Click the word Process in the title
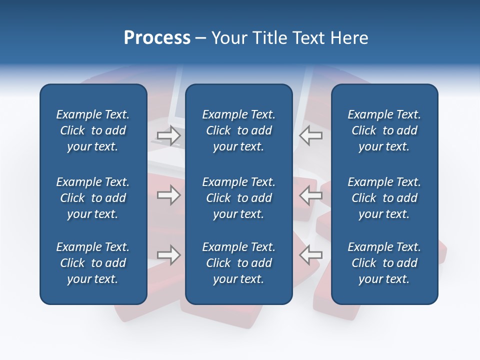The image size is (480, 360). click(x=157, y=38)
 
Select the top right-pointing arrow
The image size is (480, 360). click(x=168, y=135)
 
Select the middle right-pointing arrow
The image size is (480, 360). click(x=168, y=195)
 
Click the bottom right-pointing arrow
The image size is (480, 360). click(x=168, y=255)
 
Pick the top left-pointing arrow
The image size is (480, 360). click(x=310, y=135)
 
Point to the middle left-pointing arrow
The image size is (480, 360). click(x=310, y=195)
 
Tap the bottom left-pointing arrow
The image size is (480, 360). click(x=310, y=255)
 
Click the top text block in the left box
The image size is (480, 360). click(x=93, y=130)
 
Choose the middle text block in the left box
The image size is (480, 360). click(x=93, y=198)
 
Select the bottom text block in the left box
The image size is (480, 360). click(x=93, y=263)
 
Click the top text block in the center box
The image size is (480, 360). click(x=238, y=130)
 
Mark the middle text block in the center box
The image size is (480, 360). click(x=238, y=198)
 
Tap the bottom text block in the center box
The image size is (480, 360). click(x=238, y=263)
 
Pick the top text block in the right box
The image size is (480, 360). click(x=384, y=130)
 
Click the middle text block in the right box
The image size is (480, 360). click(x=384, y=198)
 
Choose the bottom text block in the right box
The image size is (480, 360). click(x=384, y=263)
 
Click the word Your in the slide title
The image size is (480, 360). click(x=229, y=38)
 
